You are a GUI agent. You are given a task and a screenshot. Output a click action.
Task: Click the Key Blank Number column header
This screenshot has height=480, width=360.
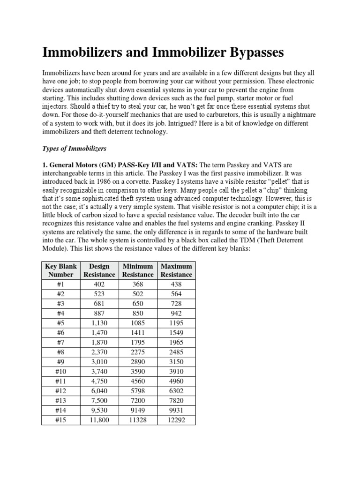(x=61, y=270)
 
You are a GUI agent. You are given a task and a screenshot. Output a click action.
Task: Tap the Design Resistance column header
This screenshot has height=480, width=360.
(x=99, y=270)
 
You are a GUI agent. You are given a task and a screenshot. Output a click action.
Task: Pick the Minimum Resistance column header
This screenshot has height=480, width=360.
(x=138, y=270)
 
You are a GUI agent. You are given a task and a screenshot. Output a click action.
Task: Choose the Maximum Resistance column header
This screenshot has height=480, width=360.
(x=176, y=270)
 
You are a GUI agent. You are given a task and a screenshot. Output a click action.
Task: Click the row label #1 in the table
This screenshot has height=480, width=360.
(x=61, y=284)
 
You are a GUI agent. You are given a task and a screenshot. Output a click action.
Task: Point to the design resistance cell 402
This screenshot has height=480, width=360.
(x=99, y=284)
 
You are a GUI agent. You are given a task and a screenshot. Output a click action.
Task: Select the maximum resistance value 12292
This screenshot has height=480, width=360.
(x=176, y=420)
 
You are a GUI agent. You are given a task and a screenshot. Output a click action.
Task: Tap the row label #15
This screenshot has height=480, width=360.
(x=61, y=420)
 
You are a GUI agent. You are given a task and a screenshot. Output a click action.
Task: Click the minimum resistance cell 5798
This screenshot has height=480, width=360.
(x=138, y=390)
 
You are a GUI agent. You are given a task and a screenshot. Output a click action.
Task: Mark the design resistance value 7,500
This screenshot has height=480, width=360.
(x=99, y=400)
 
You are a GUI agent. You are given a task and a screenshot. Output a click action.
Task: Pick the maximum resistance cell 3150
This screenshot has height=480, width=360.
(x=176, y=361)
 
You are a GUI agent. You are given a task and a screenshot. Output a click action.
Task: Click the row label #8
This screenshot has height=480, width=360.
(x=61, y=352)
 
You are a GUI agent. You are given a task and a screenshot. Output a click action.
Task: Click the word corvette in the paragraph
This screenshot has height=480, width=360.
(x=143, y=182)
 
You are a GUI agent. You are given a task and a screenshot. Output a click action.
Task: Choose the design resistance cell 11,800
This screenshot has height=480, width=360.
(x=99, y=420)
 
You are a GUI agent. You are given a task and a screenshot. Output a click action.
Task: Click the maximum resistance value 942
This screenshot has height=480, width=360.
(x=176, y=313)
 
